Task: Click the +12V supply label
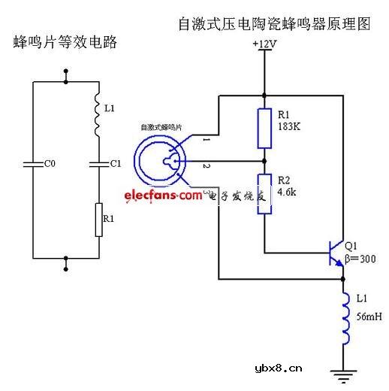(x=264, y=45)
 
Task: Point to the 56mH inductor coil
(x=345, y=316)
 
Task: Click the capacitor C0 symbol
(x=35, y=163)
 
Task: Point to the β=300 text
(x=361, y=259)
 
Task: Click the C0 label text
(x=49, y=163)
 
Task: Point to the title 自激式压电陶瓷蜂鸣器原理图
(x=274, y=23)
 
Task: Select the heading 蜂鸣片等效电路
(x=66, y=42)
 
